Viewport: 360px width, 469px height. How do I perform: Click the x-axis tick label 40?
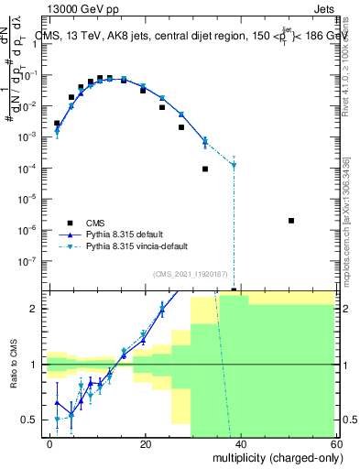[x=241, y=443]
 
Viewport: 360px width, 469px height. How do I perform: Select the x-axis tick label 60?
[x=335, y=443]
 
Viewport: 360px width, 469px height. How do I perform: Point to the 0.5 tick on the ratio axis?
[x=32, y=420]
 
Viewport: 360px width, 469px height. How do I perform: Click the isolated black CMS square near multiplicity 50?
[x=290, y=221]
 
